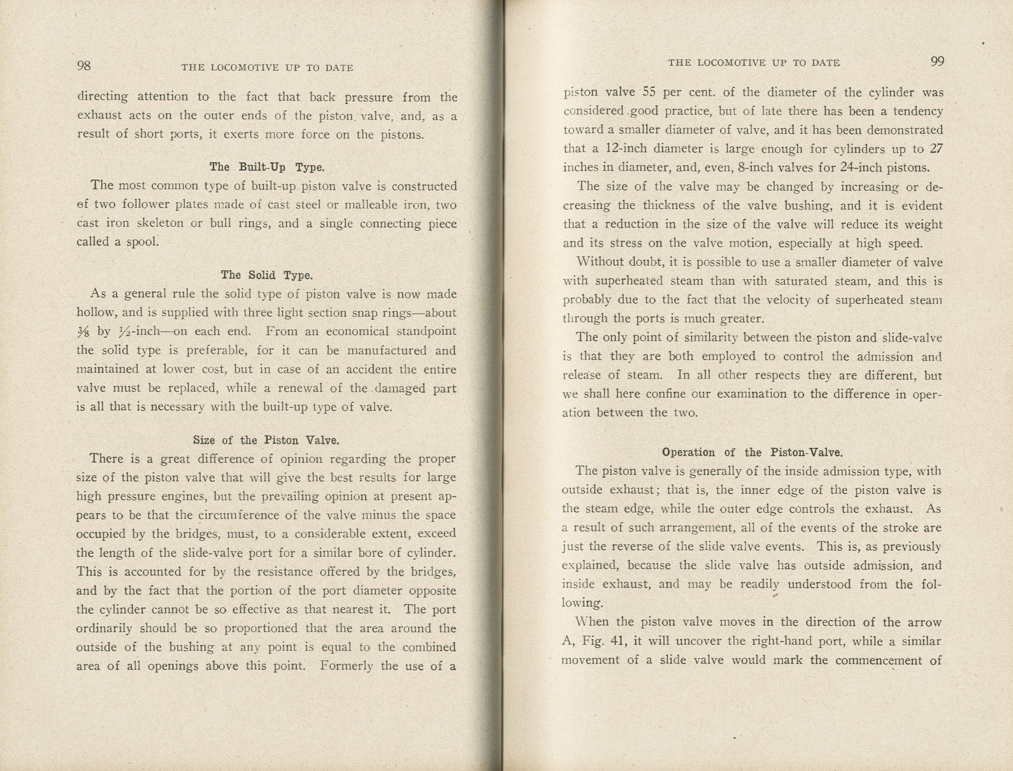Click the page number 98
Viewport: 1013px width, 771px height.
pyautogui.click(x=84, y=66)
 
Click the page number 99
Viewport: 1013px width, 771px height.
pyautogui.click(x=937, y=62)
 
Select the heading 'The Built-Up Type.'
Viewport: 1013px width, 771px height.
pyautogui.click(x=267, y=168)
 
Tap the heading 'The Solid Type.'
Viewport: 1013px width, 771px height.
pyautogui.click(x=267, y=275)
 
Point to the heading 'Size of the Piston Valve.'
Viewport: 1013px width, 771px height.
pyautogui.click(x=266, y=440)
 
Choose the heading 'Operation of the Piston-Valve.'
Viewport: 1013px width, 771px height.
pyautogui.click(x=752, y=453)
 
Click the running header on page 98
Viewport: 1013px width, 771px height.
pyautogui.click(x=267, y=68)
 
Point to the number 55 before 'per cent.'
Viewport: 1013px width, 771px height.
pyautogui.click(x=649, y=92)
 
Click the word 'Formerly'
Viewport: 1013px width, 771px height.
pyautogui.click(x=347, y=667)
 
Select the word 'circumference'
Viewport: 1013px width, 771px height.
pyautogui.click(x=239, y=515)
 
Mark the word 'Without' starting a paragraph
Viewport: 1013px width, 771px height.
pyautogui.click(x=601, y=263)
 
